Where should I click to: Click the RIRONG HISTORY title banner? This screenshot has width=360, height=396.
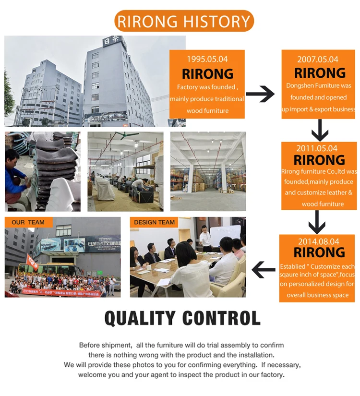click(x=184, y=22)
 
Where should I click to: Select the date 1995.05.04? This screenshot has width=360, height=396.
click(x=207, y=60)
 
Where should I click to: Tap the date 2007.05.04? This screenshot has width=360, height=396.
click(x=317, y=60)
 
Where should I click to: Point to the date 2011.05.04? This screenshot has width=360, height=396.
click(x=317, y=148)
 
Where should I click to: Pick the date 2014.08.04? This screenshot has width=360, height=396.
click(x=317, y=241)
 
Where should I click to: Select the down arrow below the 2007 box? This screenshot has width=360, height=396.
click(x=320, y=130)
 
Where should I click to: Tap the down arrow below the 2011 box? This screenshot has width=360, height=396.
click(x=317, y=222)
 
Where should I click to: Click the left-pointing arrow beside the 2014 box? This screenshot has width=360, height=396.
click(x=264, y=270)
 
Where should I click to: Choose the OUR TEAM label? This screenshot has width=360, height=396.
click(x=28, y=222)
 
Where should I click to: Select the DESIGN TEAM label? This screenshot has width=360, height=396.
click(x=154, y=222)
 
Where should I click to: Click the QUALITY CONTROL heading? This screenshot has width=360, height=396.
click(x=182, y=318)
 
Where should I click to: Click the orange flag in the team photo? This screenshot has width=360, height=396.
click(x=31, y=262)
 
